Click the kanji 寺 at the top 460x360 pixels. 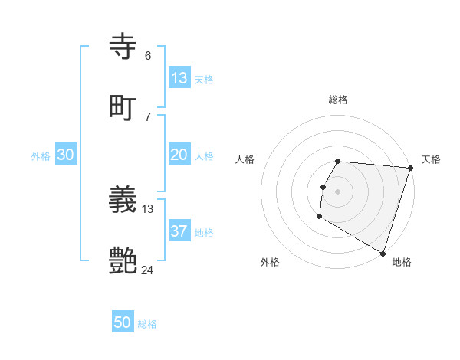click(124, 47)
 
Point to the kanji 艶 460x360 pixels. click(124, 260)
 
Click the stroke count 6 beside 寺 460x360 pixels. click(148, 56)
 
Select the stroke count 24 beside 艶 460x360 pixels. click(148, 270)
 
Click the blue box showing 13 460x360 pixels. click(179, 79)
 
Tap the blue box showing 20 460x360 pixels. click(179, 155)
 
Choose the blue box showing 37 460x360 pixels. click(179, 231)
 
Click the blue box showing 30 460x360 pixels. click(66, 155)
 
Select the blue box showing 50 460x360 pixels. click(123, 322)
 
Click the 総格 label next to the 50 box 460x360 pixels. click(147, 324)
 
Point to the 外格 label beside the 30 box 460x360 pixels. click(41, 156)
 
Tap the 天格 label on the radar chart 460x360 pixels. click(431, 159)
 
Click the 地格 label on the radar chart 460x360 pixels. click(402, 262)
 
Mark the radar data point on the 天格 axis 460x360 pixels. click(410, 168)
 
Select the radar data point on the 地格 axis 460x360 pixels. click(383, 253)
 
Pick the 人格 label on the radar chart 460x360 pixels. click(245, 159)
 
